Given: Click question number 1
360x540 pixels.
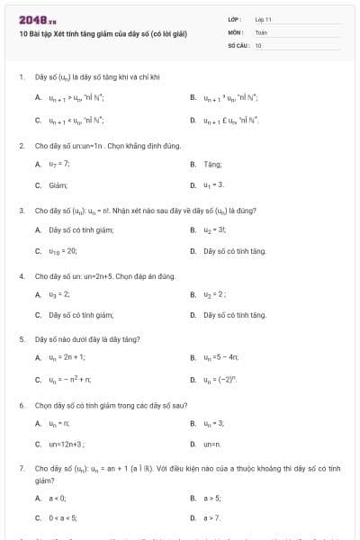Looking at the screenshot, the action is [21, 77].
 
